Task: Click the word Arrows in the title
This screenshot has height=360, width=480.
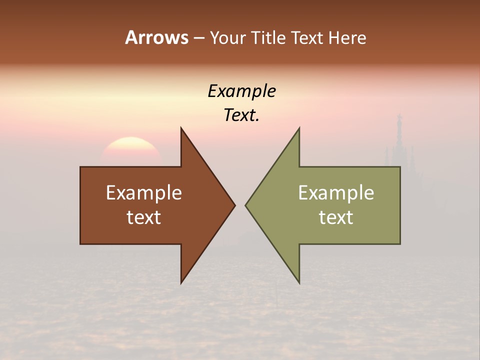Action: pos(156,37)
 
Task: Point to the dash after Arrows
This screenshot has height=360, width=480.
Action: pos(199,38)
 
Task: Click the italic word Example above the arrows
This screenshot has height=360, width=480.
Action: pos(242,91)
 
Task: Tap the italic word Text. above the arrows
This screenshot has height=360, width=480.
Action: pos(242,115)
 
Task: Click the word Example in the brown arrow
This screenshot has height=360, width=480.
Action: pos(144,192)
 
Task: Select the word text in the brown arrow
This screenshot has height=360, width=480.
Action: pos(144,217)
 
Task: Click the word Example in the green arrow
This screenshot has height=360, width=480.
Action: pos(336,192)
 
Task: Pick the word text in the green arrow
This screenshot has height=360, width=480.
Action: pos(336,217)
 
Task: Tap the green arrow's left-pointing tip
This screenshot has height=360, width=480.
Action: pos(247,205)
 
